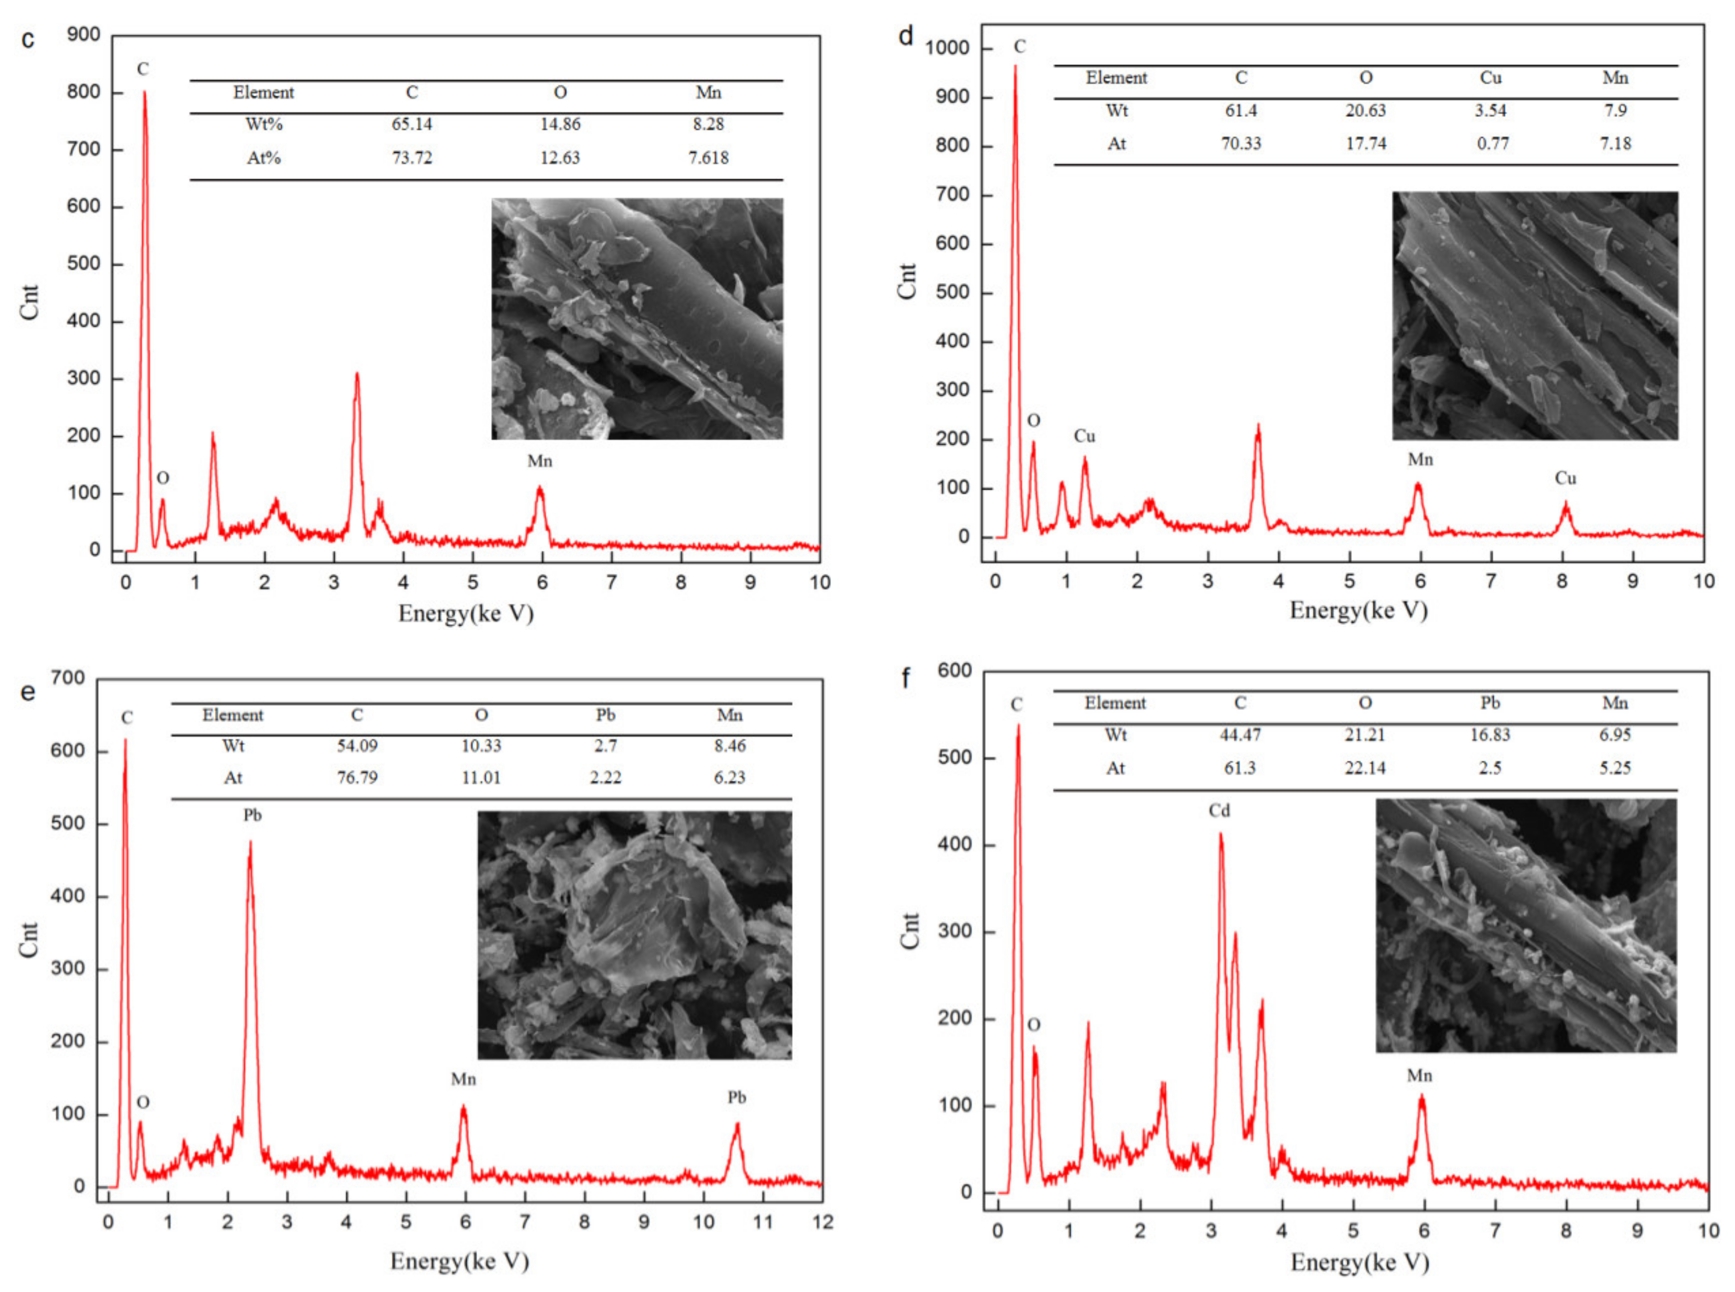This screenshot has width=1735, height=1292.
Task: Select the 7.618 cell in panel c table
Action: (708, 158)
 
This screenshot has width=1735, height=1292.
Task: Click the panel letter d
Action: (906, 36)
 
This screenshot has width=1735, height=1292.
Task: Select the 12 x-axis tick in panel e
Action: (822, 1222)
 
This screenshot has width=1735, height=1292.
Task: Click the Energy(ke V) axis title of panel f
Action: (1360, 1262)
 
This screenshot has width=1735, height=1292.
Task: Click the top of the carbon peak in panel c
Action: (144, 92)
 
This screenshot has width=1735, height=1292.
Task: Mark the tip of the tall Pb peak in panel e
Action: (250, 842)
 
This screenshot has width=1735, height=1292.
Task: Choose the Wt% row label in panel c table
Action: (264, 124)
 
